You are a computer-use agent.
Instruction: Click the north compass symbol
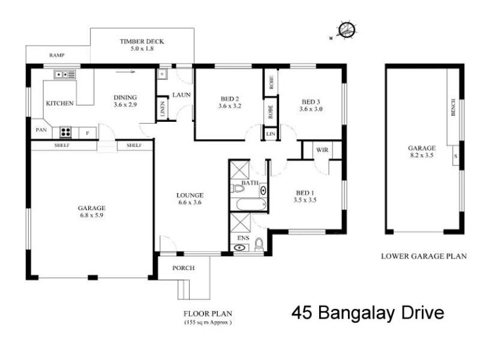click(x=346, y=30)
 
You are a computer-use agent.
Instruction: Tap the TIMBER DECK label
click(x=142, y=41)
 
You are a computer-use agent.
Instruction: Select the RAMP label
click(x=57, y=55)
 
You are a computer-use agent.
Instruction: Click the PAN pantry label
click(x=41, y=129)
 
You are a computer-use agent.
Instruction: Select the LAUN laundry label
click(x=181, y=95)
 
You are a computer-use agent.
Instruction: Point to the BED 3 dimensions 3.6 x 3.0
click(x=311, y=109)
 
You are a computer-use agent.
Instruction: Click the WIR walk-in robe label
click(x=321, y=149)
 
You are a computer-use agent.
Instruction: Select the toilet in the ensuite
click(x=259, y=244)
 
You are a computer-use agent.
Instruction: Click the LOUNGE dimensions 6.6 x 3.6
click(x=190, y=203)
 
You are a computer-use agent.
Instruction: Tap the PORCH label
click(x=183, y=268)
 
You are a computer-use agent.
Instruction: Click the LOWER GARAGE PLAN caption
click(x=424, y=256)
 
